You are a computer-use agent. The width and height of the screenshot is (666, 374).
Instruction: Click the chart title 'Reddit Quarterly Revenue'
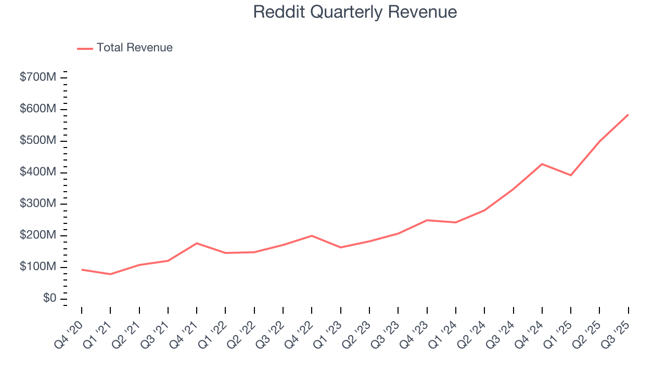click(355, 12)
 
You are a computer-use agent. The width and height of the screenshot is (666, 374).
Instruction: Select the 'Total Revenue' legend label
click(134, 48)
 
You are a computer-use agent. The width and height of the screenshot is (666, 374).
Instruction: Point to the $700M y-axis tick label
click(38, 77)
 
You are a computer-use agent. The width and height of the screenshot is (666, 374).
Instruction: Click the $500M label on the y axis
click(38, 141)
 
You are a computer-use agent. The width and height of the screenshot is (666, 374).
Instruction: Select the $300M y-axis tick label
click(38, 204)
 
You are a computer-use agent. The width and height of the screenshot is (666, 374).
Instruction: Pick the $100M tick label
click(38, 267)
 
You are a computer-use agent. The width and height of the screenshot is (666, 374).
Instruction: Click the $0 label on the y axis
click(50, 299)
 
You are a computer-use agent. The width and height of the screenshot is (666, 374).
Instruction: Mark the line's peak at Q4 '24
click(542, 164)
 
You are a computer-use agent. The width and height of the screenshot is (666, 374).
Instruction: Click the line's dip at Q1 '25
click(571, 175)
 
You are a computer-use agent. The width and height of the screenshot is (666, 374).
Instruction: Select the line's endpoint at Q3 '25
click(629, 114)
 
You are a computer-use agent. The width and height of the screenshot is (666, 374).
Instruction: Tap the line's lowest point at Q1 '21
click(110, 274)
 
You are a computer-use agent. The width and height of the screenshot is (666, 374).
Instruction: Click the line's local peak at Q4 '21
click(197, 243)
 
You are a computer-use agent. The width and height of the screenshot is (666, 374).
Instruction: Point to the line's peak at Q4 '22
click(312, 236)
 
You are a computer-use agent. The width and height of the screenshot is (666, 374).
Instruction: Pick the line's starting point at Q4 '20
click(82, 270)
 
